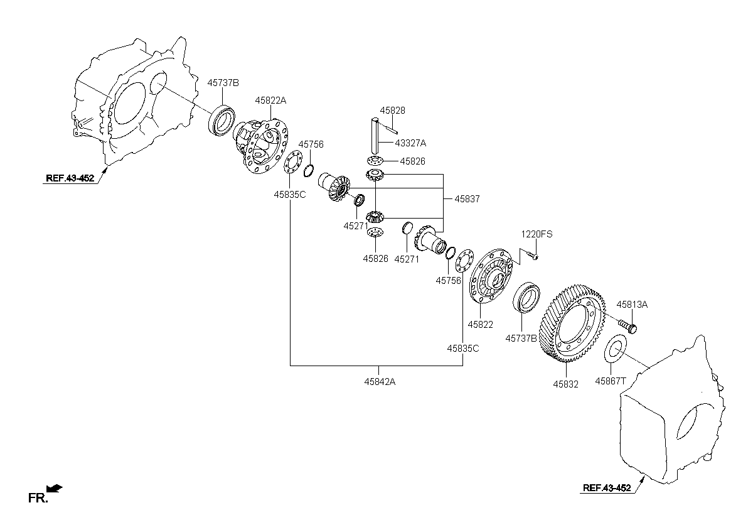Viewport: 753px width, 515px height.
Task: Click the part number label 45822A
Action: (x=270, y=100)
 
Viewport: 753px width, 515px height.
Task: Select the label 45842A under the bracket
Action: (x=380, y=382)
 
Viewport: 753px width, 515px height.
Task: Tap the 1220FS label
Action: (x=537, y=234)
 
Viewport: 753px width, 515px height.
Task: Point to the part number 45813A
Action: (x=632, y=305)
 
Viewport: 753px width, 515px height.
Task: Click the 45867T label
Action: (x=611, y=381)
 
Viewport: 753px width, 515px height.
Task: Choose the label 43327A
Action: (x=410, y=143)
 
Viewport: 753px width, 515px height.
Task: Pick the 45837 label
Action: (x=467, y=199)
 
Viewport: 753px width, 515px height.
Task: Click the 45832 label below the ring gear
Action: (x=566, y=384)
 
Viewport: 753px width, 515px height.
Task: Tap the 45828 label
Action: (x=392, y=111)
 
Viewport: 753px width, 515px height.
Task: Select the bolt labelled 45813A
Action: (x=627, y=325)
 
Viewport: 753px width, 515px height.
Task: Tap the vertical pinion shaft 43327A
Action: (x=375, y=136)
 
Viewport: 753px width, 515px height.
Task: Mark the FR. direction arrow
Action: (x=55, y=488)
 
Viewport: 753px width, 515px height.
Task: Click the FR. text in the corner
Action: (x=38, y=498)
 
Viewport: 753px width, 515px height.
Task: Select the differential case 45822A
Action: (x=260, y=144)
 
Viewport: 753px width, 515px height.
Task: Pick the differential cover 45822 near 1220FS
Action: (x=491, y=276)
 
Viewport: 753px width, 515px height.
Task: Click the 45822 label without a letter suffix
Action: (x=481, y=325)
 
